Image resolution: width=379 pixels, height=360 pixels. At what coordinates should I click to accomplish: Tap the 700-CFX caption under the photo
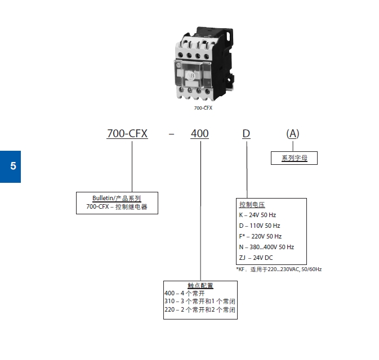[203, 108]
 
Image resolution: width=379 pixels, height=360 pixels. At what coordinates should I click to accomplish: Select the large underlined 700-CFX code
[127, 134]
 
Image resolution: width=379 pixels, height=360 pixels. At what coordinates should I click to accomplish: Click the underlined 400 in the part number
[199, 134]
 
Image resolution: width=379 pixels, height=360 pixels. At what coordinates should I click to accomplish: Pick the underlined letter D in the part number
[246, 134]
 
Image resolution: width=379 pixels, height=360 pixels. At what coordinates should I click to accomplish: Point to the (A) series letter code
[292, 134]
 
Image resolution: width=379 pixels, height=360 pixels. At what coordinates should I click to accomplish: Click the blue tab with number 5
[10, 166]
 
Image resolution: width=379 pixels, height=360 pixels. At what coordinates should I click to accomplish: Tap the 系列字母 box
[294, 158]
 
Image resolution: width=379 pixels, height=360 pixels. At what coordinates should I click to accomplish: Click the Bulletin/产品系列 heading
[117, 199]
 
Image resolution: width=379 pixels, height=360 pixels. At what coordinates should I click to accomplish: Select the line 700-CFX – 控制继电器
[117, 207]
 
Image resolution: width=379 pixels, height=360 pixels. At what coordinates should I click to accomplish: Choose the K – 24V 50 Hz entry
[257, 215]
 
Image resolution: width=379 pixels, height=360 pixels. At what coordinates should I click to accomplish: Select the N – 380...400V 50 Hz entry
[266, 247]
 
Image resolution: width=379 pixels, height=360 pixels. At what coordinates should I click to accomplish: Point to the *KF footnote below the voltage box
[279, 269]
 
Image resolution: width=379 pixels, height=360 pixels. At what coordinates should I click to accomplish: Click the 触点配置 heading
[200, 286]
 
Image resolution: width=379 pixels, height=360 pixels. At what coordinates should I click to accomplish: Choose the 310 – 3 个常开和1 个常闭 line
[199, 301]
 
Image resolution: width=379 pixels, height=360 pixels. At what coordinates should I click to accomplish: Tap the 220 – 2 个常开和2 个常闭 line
[199, 310]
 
